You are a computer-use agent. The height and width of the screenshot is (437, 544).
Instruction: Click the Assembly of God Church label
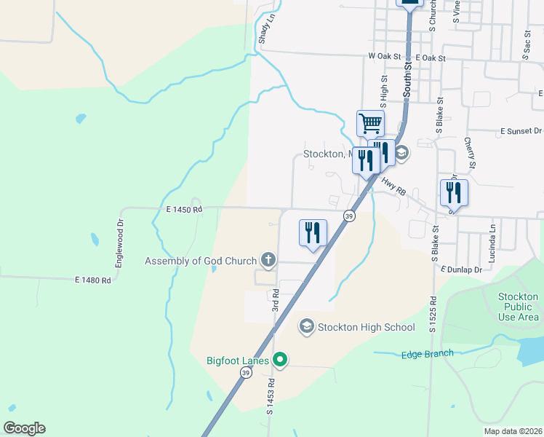pyautogui.click(x=201, y=261)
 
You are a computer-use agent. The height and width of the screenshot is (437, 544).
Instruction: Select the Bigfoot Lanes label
pyautogui.click(x=238, y=360)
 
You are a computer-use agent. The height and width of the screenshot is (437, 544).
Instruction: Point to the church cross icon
pyautogui.click(x=268, y=260)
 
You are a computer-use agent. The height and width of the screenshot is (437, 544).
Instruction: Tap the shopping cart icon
pyautogui.click(x=370, y=123)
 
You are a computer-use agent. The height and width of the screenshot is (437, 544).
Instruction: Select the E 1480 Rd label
pyautogui.click(x=93, y=280)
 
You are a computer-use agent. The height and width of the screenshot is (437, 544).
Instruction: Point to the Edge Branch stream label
pyautogui.click(x=428, y=354)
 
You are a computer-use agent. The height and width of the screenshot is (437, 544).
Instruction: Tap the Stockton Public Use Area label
pyautogui.click(x=519, y=307)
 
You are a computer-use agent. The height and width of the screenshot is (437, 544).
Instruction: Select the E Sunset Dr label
pyautogui.click(x=521, y=130)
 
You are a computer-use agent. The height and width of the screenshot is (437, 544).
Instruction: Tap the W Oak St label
pyautogui.click(x=385, y=56)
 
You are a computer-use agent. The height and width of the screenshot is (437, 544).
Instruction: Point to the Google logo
pyautogui.click(x=24, y=428)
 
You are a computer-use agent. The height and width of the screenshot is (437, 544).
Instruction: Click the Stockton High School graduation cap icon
pyautogui.click(x=306, y=326)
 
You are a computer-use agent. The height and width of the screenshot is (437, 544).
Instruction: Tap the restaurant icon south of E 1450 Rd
pyautogui.click(x=313, y=232)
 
